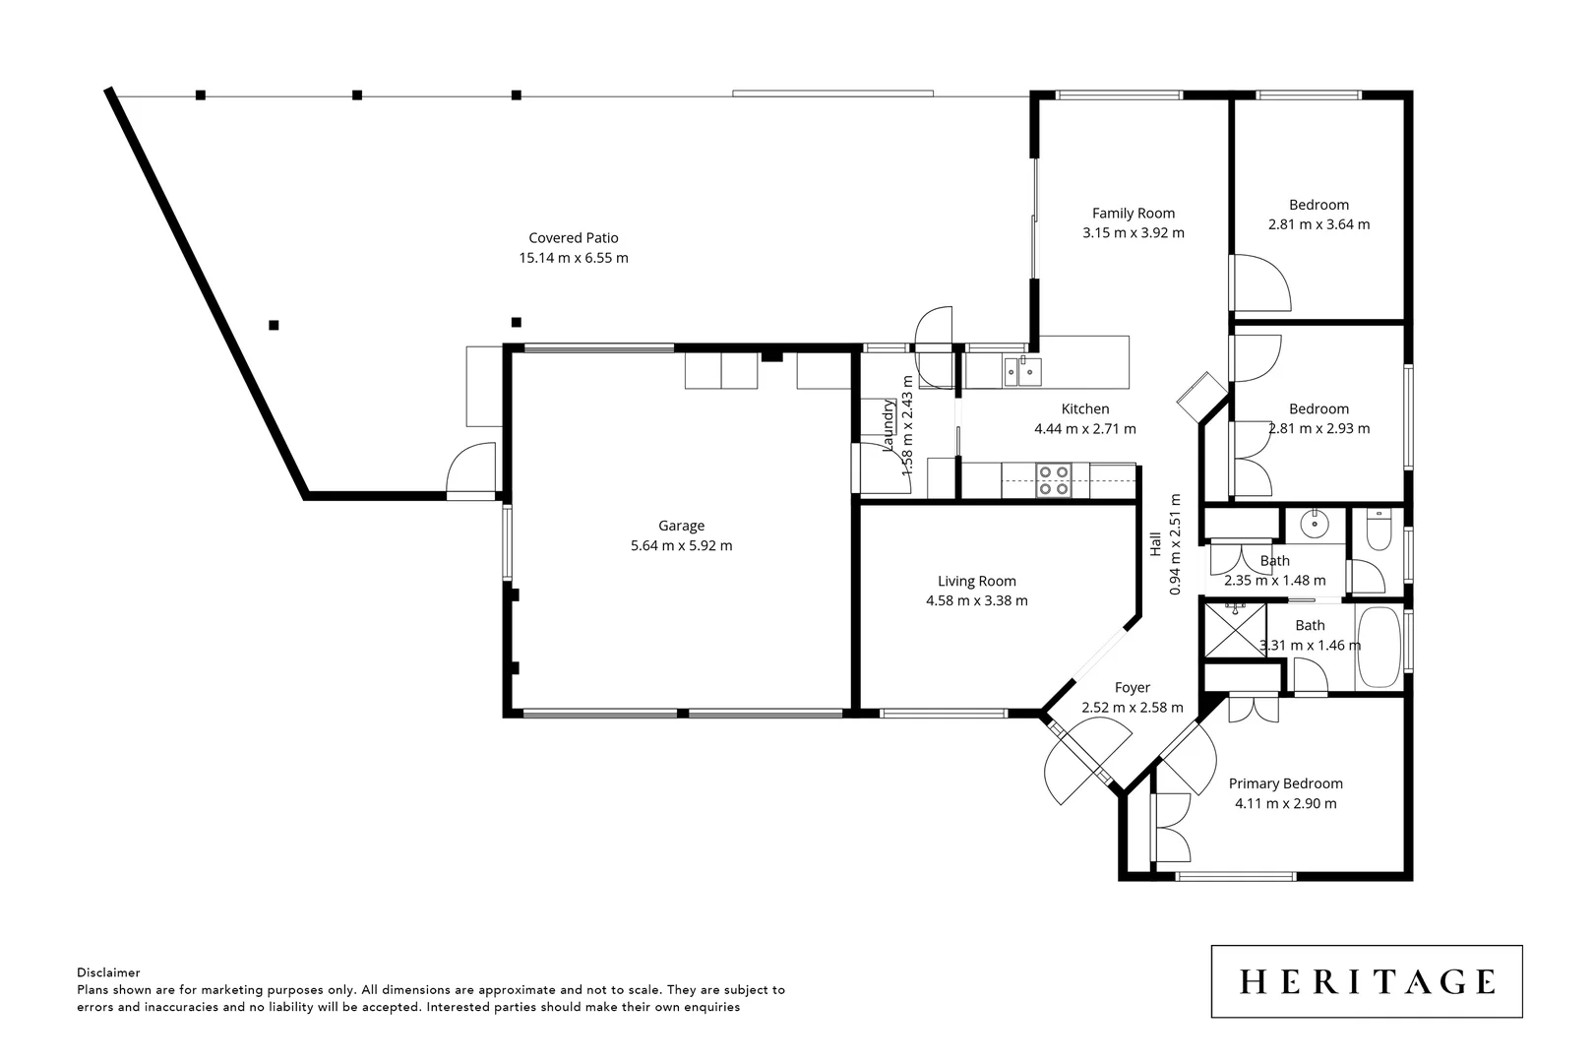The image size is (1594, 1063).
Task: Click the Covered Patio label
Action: (573, 237)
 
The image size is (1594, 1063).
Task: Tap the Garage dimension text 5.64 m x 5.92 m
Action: (681, 545)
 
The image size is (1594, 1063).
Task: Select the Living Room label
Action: (976, 581)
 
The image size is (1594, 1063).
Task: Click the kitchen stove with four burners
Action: (1054, 481)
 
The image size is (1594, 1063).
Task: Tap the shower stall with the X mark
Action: (1234, 630)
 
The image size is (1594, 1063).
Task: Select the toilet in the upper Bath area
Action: (1378, 532)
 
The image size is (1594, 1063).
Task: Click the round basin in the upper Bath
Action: (1314, 525)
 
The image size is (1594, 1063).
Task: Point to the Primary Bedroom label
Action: (1285, 783)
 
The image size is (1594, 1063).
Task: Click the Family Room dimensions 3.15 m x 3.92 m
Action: (1133, 233)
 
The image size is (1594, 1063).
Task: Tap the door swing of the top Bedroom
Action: (1261, 283)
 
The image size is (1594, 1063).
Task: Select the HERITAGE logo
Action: (1366, 981)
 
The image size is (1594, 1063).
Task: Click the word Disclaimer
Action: (108, 972)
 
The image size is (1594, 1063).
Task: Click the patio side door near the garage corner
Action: (471, 470)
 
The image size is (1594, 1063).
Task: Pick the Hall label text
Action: (1155, 544)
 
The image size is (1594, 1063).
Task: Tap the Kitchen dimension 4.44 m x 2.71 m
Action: (1084, 429)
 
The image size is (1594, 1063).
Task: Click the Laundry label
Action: (889, 425)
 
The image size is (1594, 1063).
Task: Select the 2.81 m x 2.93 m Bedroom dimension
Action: (1318, 428)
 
